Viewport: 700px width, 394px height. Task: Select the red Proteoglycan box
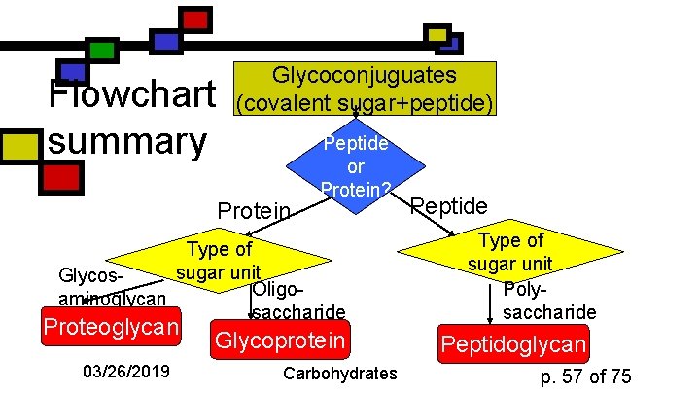(x=110, y=326)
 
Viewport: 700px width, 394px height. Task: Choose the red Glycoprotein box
(x=280, y=340)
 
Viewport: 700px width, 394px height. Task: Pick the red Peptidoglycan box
(x=513, y=343)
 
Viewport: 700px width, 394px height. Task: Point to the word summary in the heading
(x=126, y=141)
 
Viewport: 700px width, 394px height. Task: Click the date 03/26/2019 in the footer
(x=126, y=373)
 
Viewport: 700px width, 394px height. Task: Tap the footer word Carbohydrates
(x=340, y=374)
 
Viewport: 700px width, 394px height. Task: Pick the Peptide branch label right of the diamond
(x=449, y=205)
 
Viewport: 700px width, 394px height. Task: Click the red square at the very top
(x=196, y=18)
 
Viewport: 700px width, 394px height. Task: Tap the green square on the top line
(x=100, y=50)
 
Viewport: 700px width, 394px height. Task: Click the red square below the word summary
(x=61, y=177)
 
